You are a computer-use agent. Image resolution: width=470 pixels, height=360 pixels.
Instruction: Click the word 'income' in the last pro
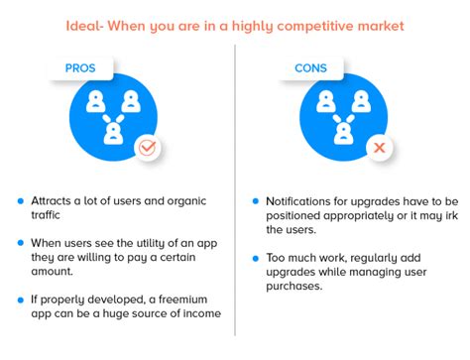click(x=197, y=314)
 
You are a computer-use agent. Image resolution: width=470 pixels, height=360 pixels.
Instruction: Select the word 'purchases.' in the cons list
click(x=299, y=286)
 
